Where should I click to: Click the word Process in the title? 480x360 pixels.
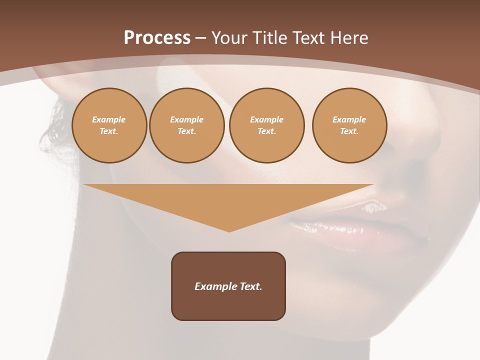[157, 37]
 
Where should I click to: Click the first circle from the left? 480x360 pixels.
[109, 125]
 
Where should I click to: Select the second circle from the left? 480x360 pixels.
[186, 125]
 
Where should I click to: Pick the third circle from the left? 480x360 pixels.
[266, 125]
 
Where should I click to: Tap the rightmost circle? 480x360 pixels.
[349, 125]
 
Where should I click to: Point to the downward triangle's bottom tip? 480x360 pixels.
[229, 231]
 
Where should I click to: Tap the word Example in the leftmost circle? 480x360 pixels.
[109, 119]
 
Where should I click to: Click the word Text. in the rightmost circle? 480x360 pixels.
[349, 131]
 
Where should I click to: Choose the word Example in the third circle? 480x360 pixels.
[266, 119]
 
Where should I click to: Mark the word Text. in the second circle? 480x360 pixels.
[186, 131]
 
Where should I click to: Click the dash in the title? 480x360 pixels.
[200, 38]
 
